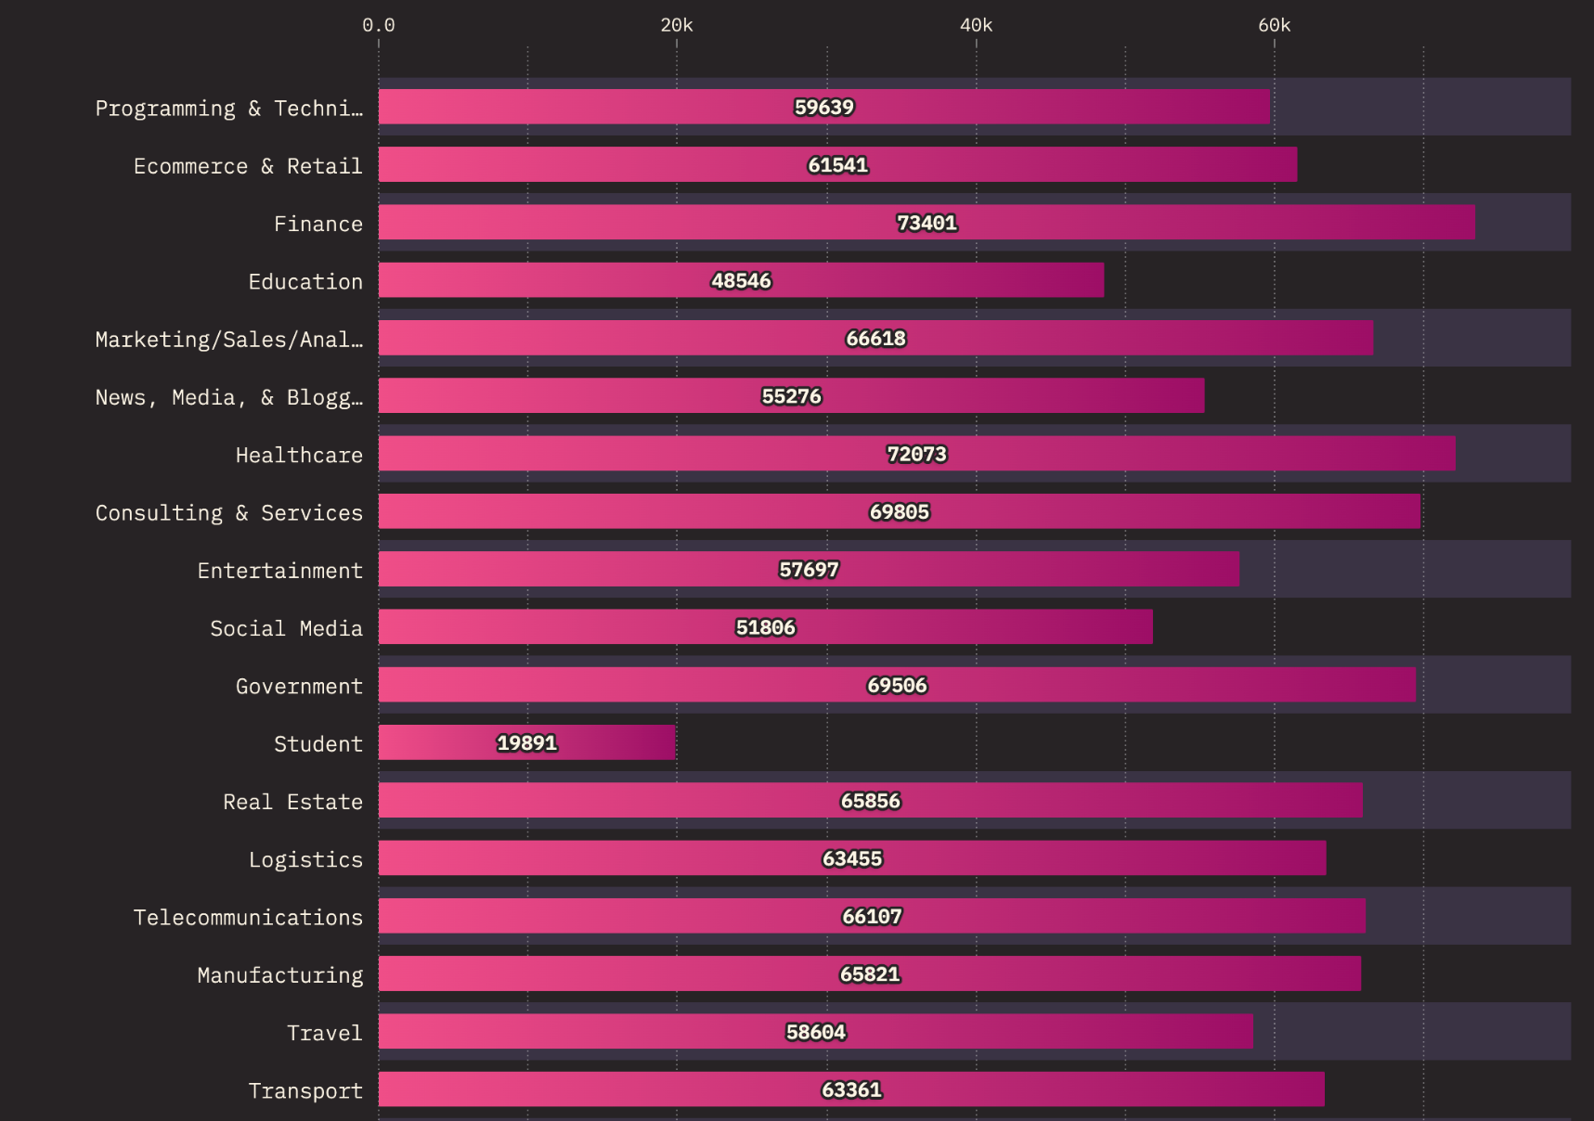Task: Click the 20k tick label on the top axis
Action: click(x=676, y=25)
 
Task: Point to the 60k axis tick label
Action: click(x=1274, y=25)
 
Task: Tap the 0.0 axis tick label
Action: click(x=378, y=25)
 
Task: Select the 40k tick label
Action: click(x=976, y=25)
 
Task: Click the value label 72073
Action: click(x=916, y=454)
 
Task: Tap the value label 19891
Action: click(x=526, y=742)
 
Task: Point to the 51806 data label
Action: click(x=765, y=627)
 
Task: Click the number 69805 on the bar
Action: click(x=899, y=511)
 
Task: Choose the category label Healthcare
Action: click(x=299, y=455)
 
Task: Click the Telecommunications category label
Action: click(x=248, y=917)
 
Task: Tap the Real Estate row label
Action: click(x=292, y=802)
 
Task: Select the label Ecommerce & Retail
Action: click(x=248, y=166)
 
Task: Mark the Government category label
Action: click(x=299, y=686)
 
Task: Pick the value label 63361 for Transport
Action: click(x=851, y=1089)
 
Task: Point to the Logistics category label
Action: click(x=305, y=859)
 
